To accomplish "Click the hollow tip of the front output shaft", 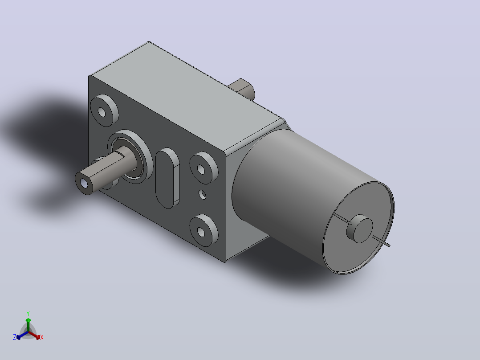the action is tap(84, 183).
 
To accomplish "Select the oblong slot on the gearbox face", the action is tap(167, 178).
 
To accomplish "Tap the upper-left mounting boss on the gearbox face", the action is tap(104, 110).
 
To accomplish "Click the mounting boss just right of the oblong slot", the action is tap(203, 168).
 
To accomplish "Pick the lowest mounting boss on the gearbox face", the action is tap(203, 230).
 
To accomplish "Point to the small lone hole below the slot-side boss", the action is tap(202, 194).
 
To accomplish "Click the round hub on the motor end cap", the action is tap(360, 229).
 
